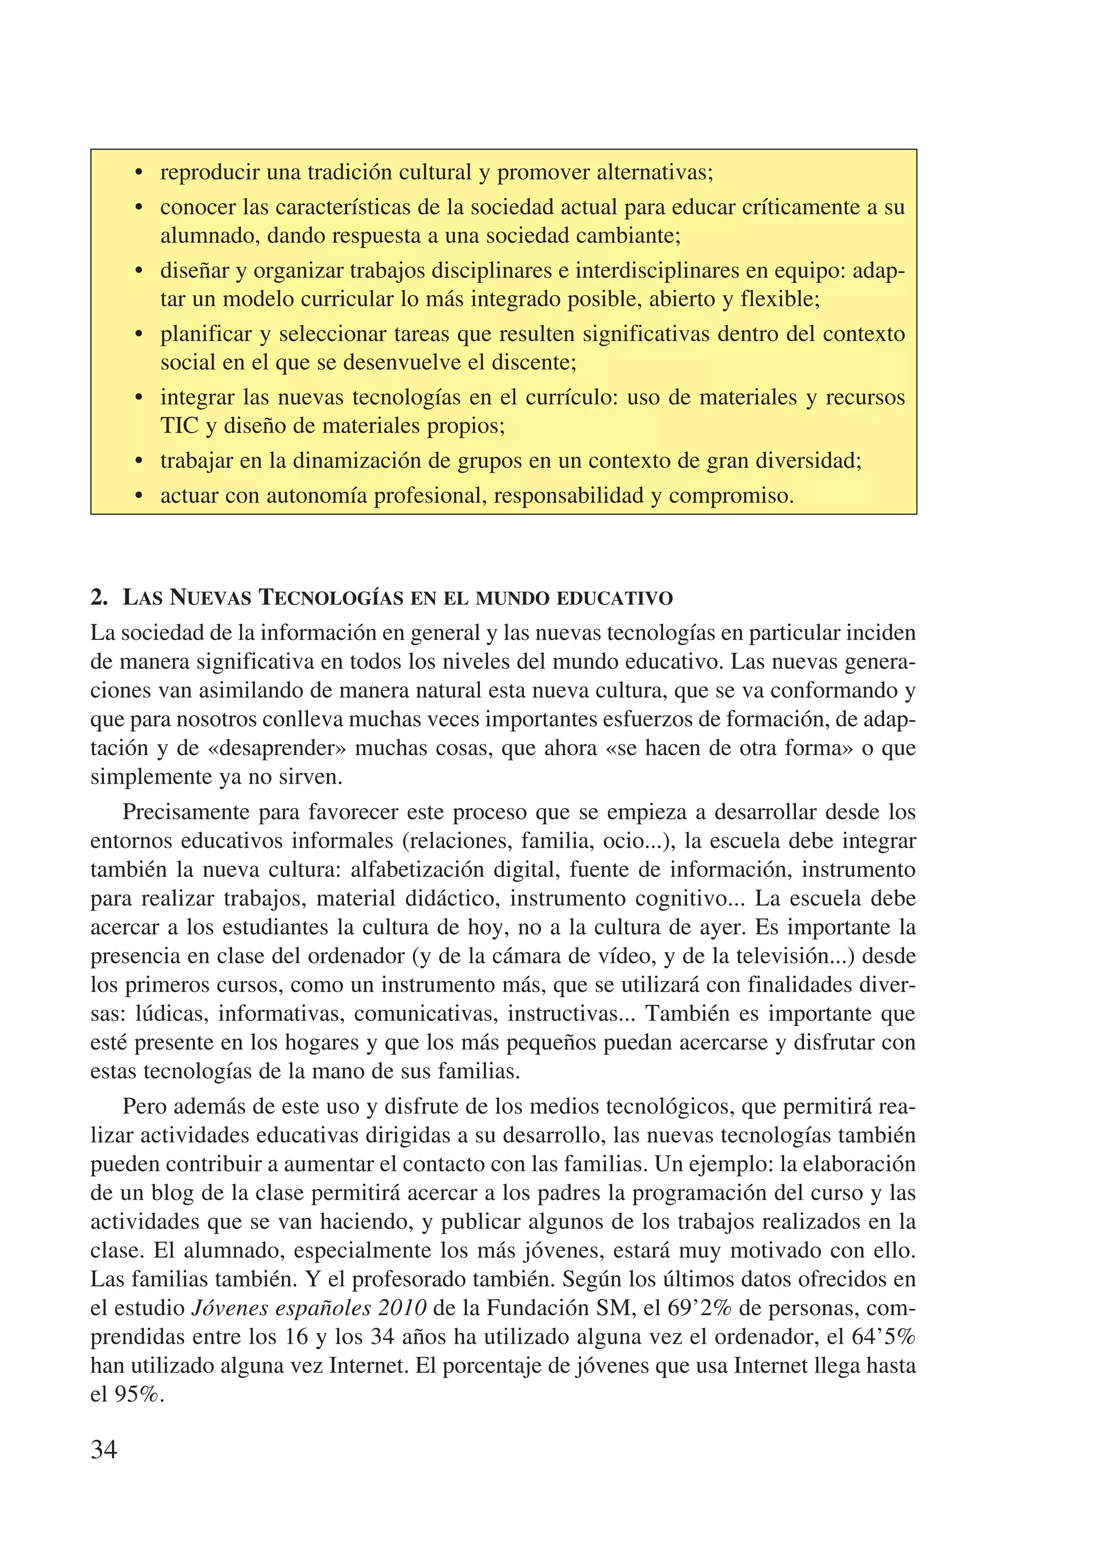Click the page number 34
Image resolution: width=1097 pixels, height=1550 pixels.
click(x=103, y=1449)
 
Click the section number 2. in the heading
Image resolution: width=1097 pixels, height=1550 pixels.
click(x=99, y=598)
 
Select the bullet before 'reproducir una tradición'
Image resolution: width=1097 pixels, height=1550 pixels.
click(x=139, y=173)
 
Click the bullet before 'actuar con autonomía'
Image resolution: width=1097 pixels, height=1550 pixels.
click(x=139, y=496)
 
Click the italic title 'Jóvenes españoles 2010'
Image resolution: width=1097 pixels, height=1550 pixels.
click(x=309, y=1308)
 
